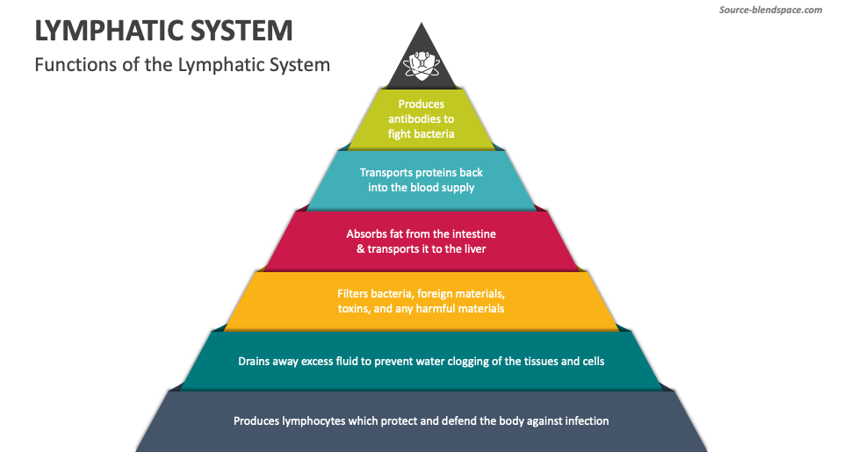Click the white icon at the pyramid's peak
[x=421, y=63]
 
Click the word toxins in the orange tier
[x=355, y=308]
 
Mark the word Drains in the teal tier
[x=255, y=361]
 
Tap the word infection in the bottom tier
[x=583, y=420]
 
